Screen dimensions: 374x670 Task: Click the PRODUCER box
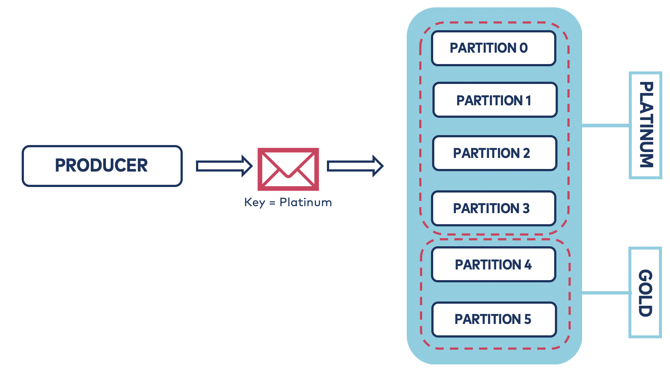(x=102, y=166)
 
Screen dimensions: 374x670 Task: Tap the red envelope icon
(x=288, y=169)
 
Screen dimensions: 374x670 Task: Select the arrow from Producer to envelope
(x=224, y=166)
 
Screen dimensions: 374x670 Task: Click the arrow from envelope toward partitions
(x=355, y=166)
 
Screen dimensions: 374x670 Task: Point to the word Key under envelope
(x=254, y=202)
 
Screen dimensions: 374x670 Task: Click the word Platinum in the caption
(x=306, y=202)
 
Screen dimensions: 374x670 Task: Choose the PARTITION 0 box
(x=493, y=48)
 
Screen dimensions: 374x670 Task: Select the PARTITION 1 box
(x=495, y=100)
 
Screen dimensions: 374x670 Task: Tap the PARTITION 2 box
(x=494, y=153)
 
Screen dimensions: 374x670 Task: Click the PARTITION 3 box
(x=493, y=208)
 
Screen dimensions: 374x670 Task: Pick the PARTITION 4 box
(x=493, y=265)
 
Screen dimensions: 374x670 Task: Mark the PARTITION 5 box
(x=493, y=319)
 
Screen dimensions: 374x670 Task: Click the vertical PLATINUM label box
(x=645, y=125)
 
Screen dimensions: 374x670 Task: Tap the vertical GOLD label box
(x=645, y=293)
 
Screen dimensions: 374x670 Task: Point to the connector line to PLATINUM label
(x=605, y=126)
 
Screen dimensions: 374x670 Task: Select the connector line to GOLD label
(x=605, y=293)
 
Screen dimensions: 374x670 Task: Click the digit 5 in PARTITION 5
(x=527, y=319)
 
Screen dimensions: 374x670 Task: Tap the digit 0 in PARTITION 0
(x=523, y=48)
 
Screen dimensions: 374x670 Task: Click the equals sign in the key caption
(x=272, y=203)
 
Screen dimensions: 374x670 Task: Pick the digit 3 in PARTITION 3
(x=526, y=208)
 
